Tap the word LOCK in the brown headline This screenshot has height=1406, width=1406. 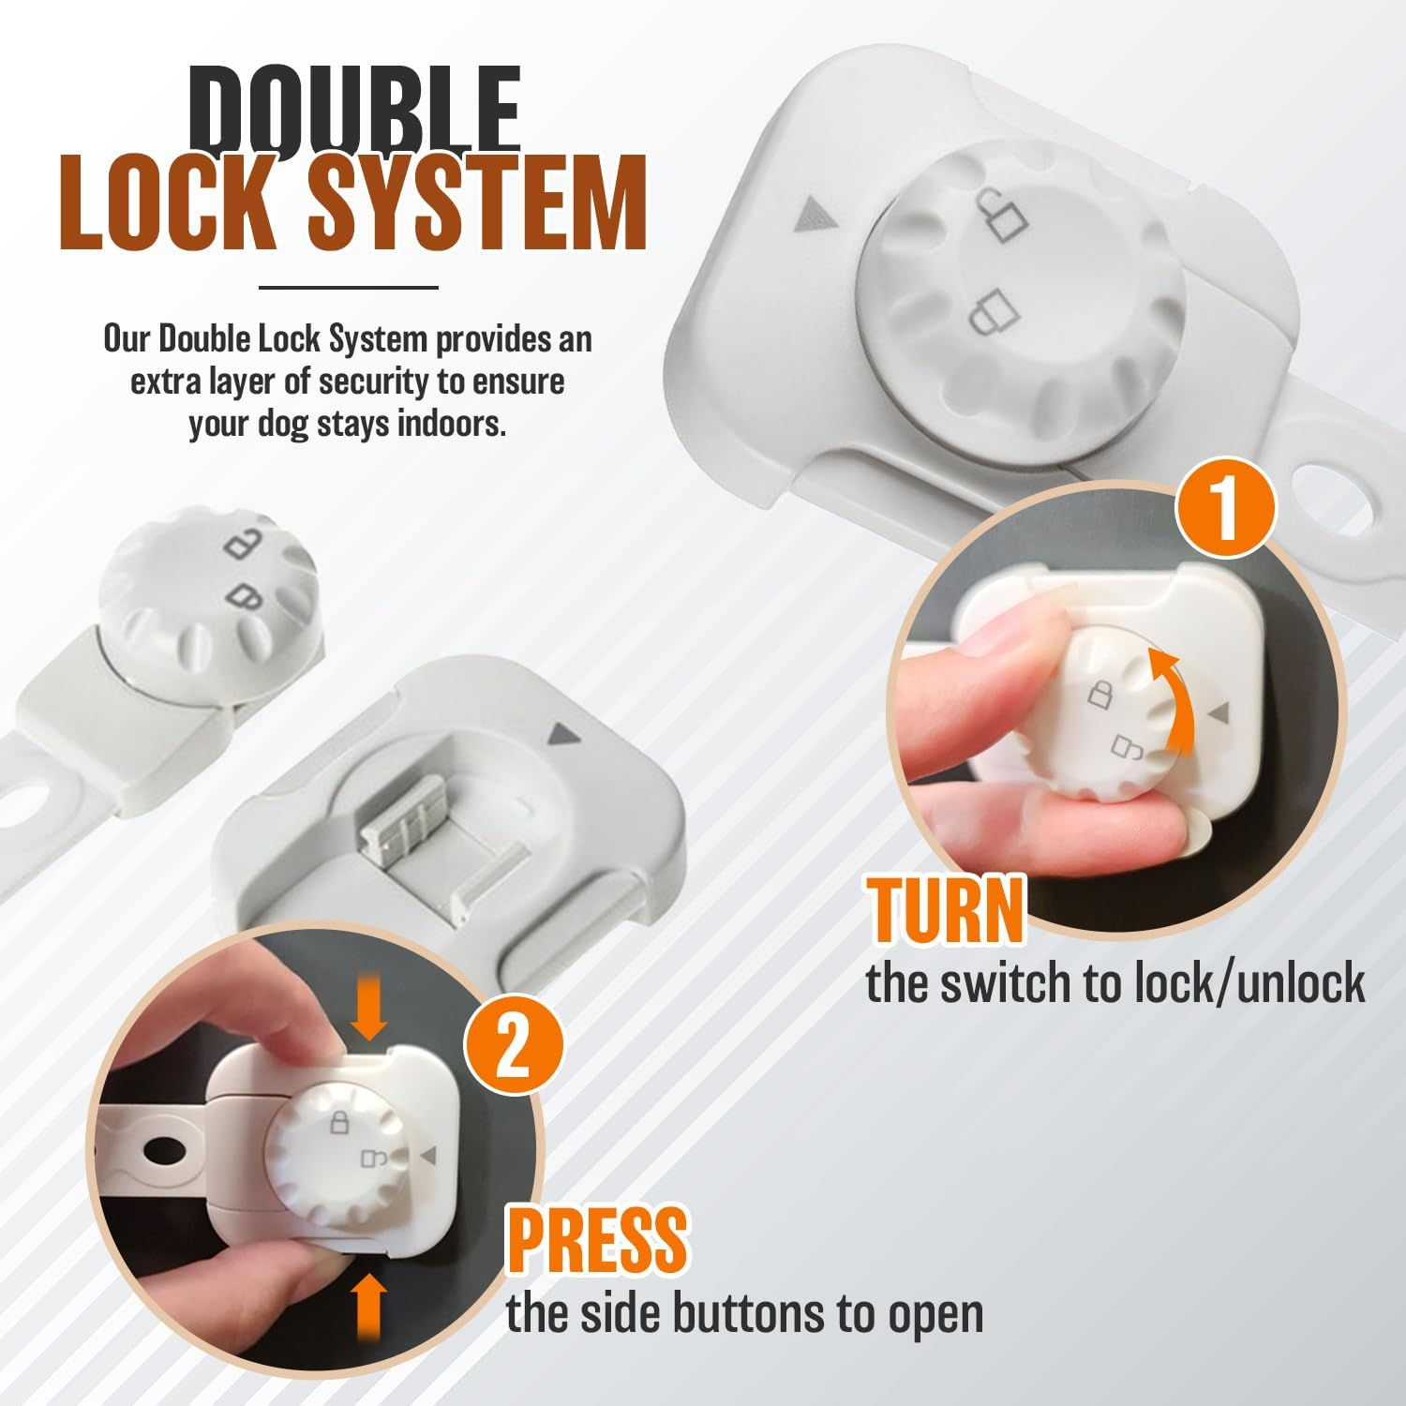[173, 204]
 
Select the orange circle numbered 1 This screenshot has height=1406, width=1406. [1226, 507]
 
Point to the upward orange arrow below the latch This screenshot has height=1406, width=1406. [369, 1310]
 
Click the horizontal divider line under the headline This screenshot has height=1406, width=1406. [348, 287]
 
